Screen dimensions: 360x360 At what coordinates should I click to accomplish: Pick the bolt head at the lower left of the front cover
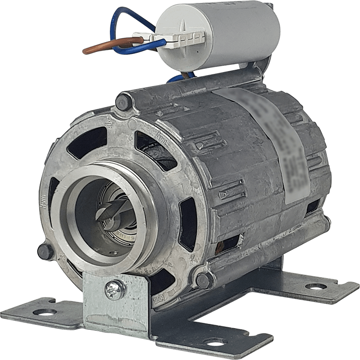click(44, 250)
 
